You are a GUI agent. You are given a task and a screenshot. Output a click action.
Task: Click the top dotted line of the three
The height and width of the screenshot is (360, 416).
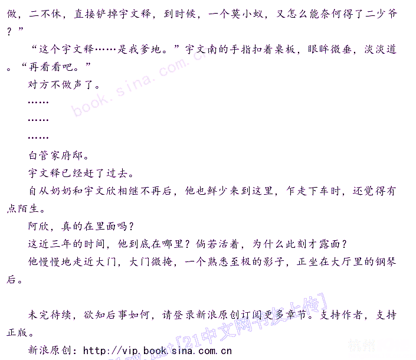[38, 102]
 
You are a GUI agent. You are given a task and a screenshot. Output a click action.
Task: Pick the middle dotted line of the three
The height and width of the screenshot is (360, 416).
[38, 120]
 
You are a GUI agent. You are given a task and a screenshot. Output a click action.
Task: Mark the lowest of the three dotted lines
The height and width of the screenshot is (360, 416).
[38, 138]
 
